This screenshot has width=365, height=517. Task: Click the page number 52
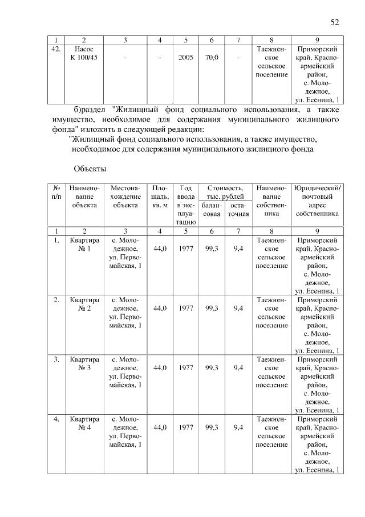point(335,22)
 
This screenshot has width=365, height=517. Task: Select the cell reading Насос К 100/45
point(84,54)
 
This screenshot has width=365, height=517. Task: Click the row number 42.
point(56,50)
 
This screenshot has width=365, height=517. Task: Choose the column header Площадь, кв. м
point(160,197)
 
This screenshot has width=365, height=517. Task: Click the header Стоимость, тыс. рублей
point(225,193)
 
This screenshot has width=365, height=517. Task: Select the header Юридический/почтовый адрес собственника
point(318,201)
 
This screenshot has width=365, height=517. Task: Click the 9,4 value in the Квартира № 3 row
point(238,367)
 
